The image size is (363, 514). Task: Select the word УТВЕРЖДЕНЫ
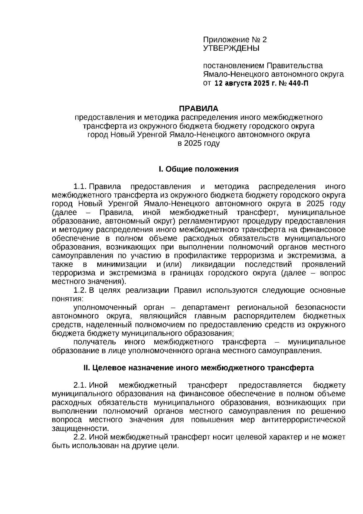tap(231, 48)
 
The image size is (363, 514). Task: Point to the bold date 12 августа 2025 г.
tap(243, 83)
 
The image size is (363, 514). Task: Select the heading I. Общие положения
tap(198, 169)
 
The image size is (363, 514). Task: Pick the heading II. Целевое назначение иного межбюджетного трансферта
tap(198, 368)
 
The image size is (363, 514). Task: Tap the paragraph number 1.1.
tap(80, 186)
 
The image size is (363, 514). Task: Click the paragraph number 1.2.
tap(80, 290)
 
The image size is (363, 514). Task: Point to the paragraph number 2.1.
tap(80, 385)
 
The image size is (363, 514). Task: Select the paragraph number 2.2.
tap(80, 437)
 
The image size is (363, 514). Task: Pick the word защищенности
tap(80, 429)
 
